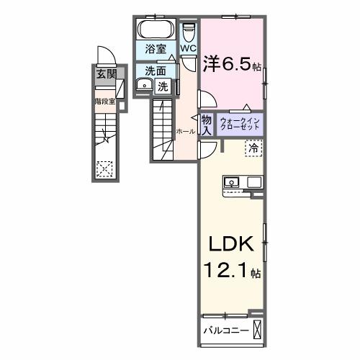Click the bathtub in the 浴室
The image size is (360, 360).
[x=153, y=31]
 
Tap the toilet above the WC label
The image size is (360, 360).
[x=189, y=32]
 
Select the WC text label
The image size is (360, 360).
[x=189, y=49]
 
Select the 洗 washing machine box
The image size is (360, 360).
[x=163, y=86]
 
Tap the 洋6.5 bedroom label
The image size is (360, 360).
[x=231, y=64]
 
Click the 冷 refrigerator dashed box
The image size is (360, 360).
[x=254, y=147]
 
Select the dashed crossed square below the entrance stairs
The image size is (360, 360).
[x=105, y=168]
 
